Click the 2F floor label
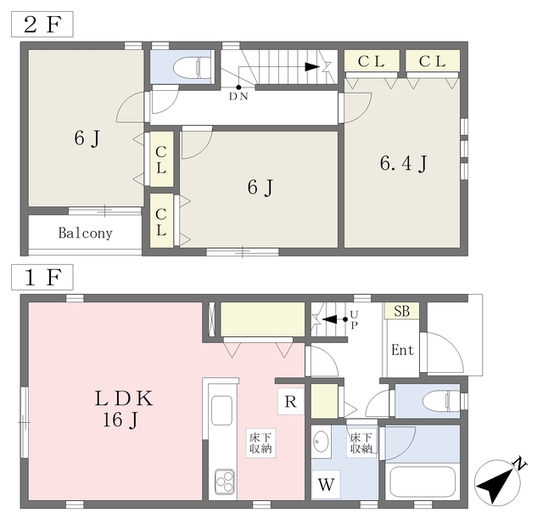(42, 24)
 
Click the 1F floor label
(42, 277)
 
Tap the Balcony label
(85, 233)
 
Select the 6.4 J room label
(401, 162)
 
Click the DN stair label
(239, 97)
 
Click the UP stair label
(354, 321)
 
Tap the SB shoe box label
(401, 312)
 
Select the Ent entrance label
(402, 350)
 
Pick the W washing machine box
(326, 486)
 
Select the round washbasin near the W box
(322, 442)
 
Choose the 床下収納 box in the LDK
(260, 442)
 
